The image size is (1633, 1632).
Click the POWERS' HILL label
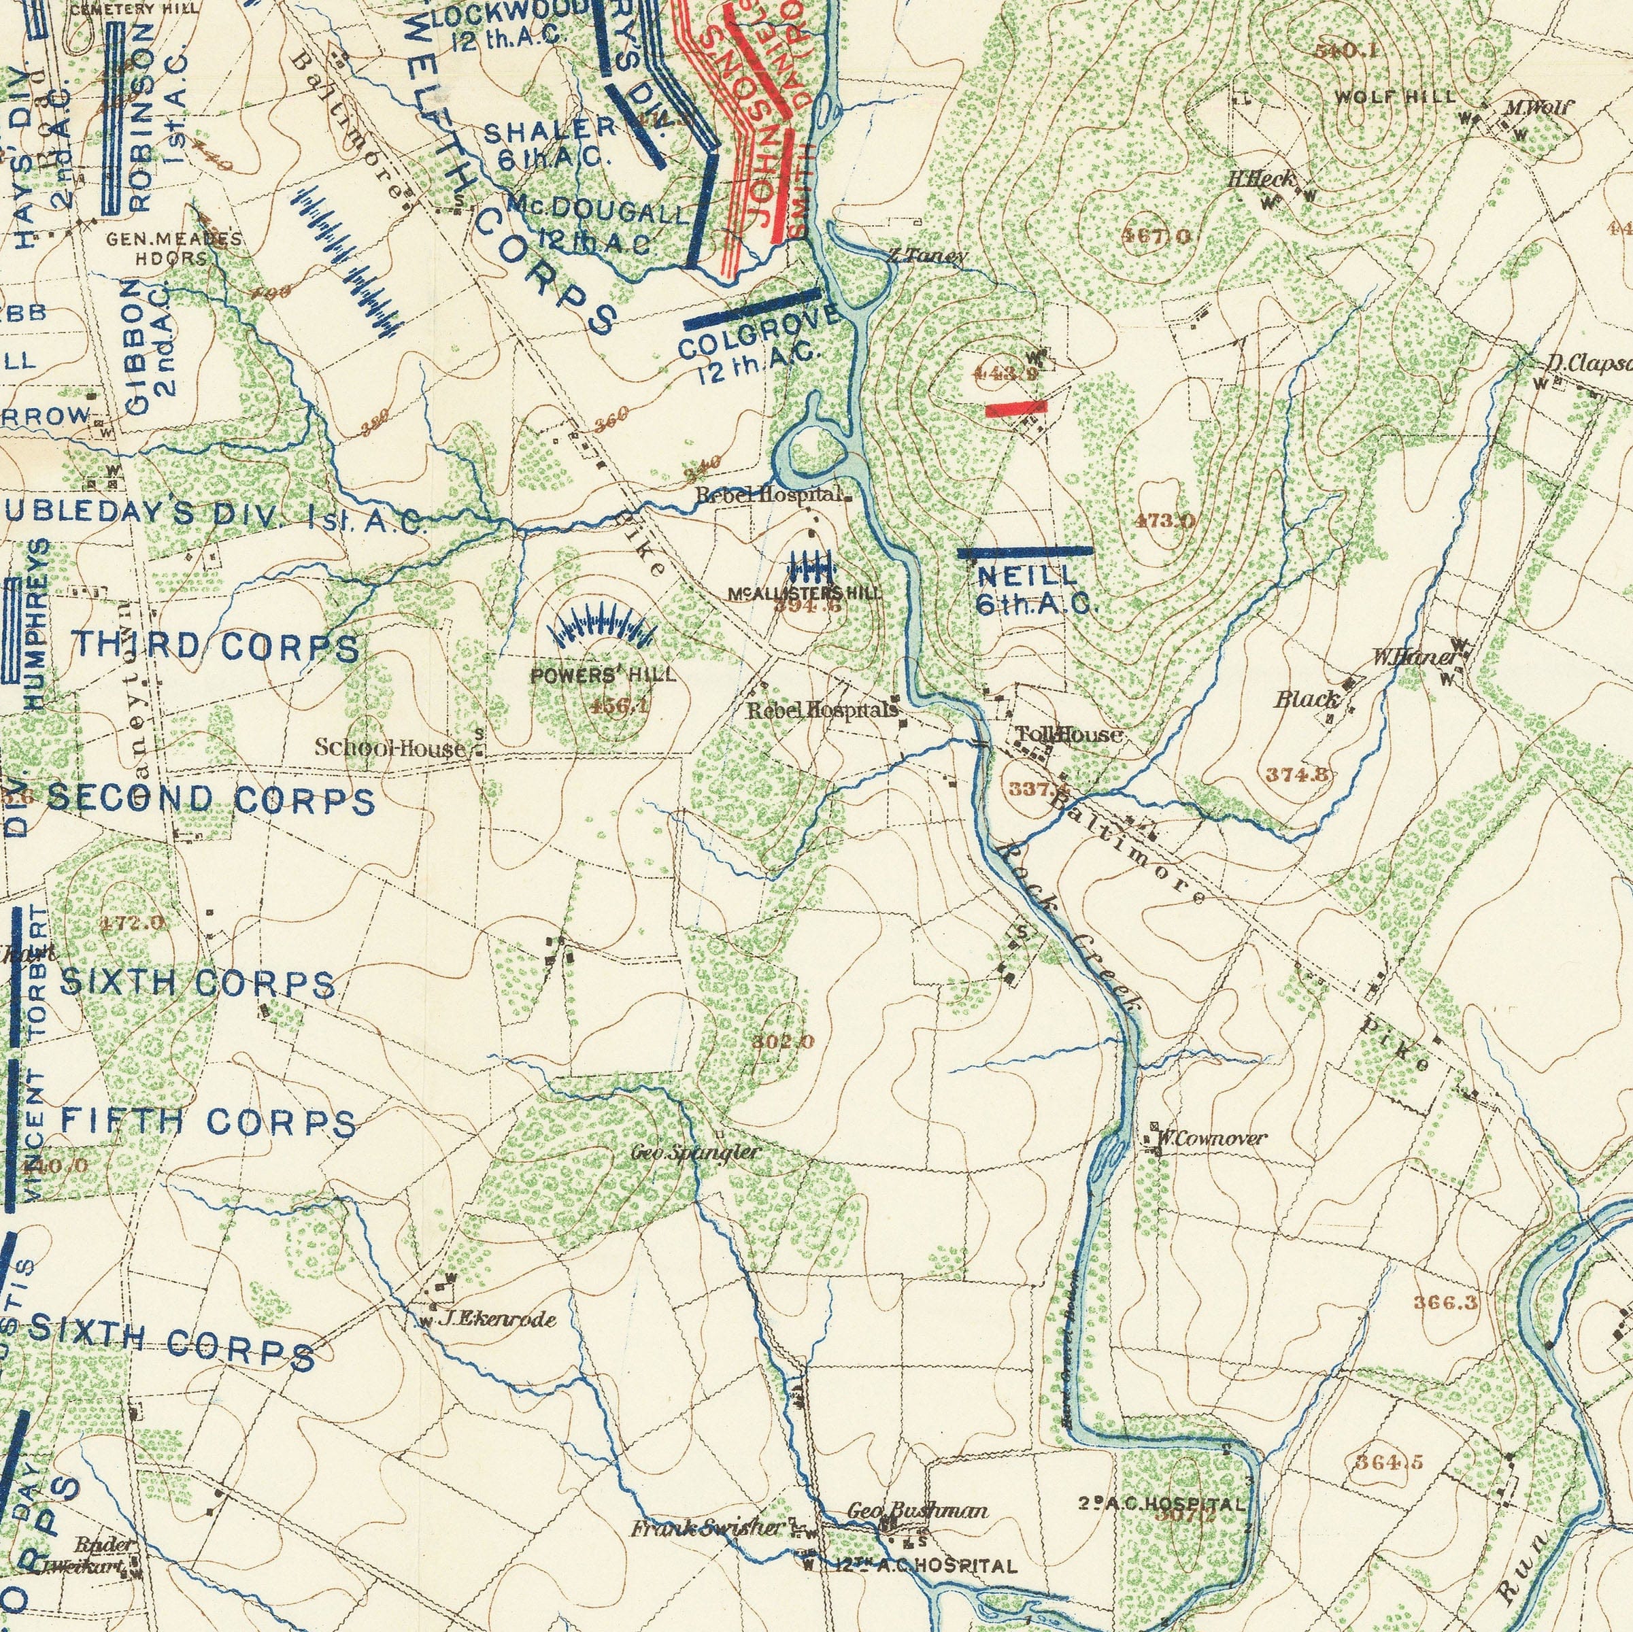[x=603, y=675]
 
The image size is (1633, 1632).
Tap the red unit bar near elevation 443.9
[x=1016, y=408]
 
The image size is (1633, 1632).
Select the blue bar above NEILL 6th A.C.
[x=1024, y=551]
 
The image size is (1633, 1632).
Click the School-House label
[x=390, y=748]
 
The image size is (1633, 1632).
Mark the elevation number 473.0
[x=1165, y=521]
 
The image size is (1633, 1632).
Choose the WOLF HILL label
[x=1395, y=97]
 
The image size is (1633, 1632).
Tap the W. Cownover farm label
[x=1211, y=1138]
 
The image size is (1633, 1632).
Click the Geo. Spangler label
[x=695, y=1152]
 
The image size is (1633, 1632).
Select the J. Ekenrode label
[x=498, y=1319]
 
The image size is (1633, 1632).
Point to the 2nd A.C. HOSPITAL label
[x=1162, y=1503]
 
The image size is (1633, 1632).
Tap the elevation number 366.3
[x=1445, y=1302]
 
